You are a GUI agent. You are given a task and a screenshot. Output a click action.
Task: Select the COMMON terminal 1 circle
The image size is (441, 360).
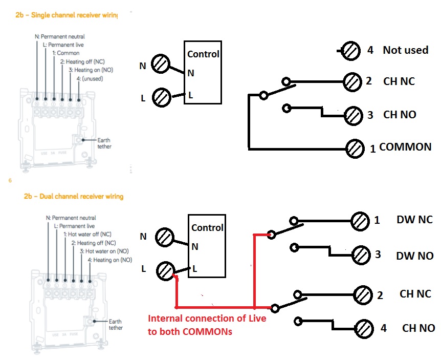355,149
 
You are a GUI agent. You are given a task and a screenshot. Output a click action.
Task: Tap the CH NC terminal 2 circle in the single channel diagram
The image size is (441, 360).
352,81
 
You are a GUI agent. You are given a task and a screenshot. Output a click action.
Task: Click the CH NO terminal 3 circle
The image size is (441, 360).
352,115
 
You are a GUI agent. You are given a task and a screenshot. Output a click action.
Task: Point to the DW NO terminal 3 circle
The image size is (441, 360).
361,255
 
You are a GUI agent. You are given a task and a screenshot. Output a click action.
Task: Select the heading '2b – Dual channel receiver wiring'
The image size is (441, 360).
73,196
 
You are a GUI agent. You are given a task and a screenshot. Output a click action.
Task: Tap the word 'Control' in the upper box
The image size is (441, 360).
203,54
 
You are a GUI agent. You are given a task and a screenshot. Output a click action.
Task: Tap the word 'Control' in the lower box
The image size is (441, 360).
207,227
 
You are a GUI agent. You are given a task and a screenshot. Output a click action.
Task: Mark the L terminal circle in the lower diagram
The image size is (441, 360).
166,271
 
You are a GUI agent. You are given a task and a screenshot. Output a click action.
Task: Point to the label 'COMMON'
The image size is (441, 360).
405,147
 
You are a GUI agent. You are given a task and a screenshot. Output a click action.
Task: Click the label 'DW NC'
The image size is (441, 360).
414,220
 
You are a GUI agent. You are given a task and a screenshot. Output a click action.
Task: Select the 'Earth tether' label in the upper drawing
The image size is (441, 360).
104,143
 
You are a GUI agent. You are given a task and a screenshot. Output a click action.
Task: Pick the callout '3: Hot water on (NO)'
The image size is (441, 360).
105,251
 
